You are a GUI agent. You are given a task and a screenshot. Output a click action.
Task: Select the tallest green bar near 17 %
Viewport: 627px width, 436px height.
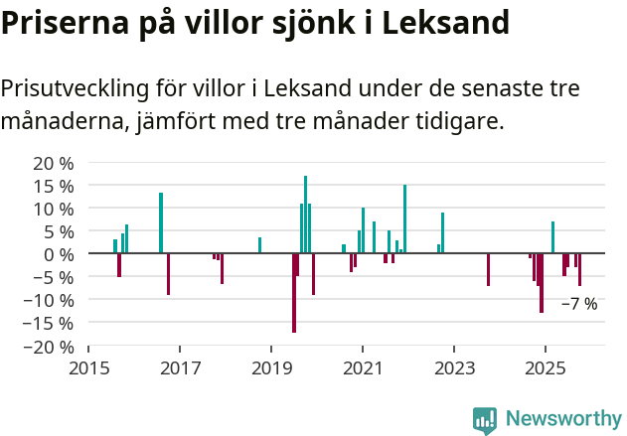[x=305, y=215]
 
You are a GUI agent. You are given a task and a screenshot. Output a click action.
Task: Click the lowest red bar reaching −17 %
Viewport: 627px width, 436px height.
[x=294, y=293]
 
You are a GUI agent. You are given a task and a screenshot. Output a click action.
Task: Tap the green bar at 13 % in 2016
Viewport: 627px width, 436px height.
[x=161, y=223]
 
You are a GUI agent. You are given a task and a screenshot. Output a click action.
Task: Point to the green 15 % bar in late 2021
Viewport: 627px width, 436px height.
[x=404, y=219]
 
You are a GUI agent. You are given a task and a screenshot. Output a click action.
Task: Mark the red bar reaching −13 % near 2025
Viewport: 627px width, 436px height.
[x=542, y=283]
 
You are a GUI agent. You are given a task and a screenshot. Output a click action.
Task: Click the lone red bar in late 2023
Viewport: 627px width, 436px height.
[x=488, y=270]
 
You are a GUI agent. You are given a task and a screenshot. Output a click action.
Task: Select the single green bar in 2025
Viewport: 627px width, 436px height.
[x=552, y=237]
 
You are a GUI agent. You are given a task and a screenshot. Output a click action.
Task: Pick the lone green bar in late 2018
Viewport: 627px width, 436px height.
[x=259, y=245]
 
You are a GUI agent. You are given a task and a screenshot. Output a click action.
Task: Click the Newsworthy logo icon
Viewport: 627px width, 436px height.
[x=485, y=420]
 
